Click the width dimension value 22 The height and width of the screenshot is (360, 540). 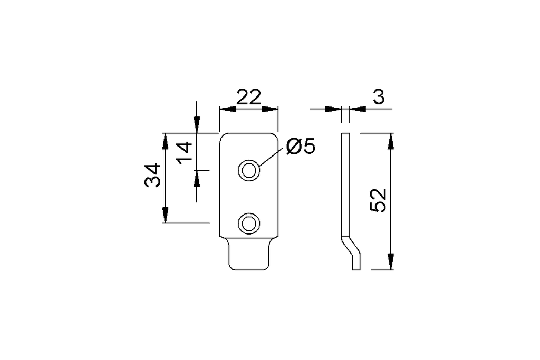pos(249,98)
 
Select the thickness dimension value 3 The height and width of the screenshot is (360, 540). pos(379,98)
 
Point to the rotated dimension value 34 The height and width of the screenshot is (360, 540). pos(153,175)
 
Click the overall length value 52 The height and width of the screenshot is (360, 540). pos(378,200)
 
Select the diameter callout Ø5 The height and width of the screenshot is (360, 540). pos(301,147)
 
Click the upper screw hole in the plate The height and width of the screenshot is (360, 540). pos(249,170)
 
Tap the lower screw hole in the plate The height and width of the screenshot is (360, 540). pos(249,223)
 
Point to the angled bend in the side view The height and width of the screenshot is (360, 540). pos(351,246)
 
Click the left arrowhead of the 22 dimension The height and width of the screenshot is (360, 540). pos(228,109)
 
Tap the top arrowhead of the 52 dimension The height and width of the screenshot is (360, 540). pos(390,141)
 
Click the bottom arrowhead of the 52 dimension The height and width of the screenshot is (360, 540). pos(390,261)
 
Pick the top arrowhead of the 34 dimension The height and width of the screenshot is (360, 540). pos(165,141)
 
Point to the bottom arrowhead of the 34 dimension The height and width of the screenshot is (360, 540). pos(165,215)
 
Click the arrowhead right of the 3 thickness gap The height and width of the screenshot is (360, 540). pos(358,109)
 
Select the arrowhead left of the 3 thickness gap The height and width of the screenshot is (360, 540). pos(334,109)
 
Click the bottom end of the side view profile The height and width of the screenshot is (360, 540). pos(356,269)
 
